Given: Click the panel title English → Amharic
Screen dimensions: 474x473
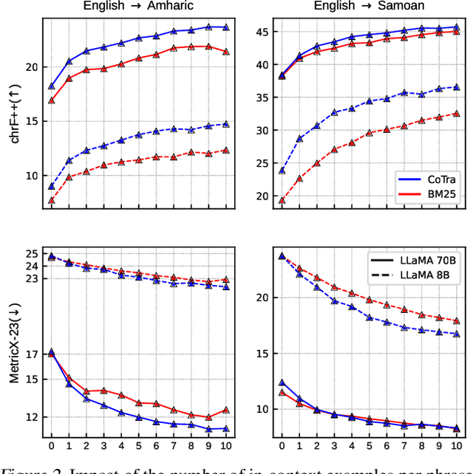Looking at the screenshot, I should (x=137, y=7).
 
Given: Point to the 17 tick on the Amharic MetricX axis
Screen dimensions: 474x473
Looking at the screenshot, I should (x=32, y=354).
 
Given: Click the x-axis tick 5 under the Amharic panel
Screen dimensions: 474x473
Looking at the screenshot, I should (x=138, y=446).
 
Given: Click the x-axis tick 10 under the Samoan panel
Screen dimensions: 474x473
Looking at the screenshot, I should (x=455, y=446).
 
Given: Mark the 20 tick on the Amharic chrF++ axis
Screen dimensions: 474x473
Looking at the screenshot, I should (x=32, y=66).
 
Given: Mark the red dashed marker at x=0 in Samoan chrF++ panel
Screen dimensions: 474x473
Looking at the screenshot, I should (x=282, y=200).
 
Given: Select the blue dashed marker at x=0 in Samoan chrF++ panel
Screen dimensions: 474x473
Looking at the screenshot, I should (x=282, y=171).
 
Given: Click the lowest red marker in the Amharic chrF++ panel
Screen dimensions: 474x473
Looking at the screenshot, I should (x=52, y=200).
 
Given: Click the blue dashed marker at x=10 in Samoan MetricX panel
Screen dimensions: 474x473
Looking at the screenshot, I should (x=456, y=334).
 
